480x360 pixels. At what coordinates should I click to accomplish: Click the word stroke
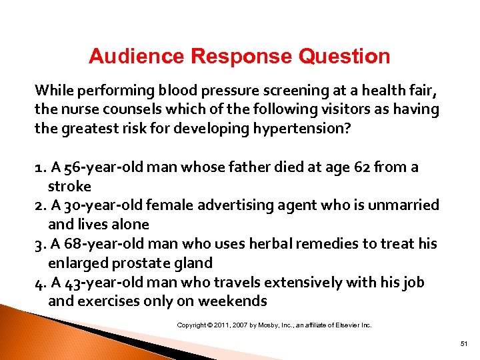[x=69, y=186]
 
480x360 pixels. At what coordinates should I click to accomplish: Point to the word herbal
[x=269, y=244]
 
